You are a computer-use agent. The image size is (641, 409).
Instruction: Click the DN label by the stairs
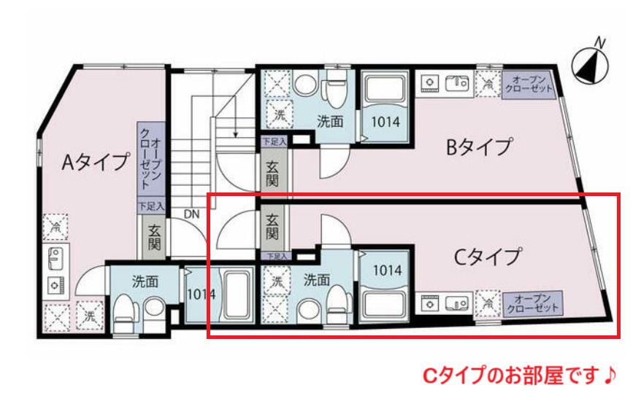(191, 214)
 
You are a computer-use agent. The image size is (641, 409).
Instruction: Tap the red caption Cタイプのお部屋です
(521, 376)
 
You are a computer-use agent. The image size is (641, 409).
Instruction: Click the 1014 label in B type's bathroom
(385, 122)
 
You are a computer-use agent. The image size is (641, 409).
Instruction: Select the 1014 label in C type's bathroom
(387, 270)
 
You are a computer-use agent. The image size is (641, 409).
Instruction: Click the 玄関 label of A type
(154, 238)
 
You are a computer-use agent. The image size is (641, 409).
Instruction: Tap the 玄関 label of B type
(272, 173)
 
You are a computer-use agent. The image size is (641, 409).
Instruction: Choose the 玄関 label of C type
(272, 227)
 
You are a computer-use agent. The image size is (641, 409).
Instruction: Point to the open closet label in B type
(526, 84)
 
